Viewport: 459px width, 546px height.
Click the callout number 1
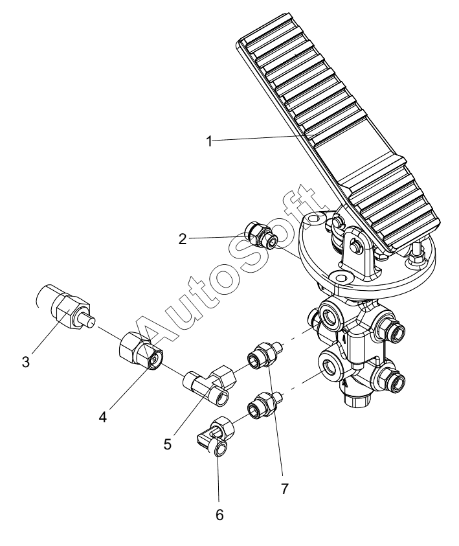click(x=209, y=142)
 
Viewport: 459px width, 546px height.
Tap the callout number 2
click(x=183, y=239)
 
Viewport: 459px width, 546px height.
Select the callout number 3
click(x=25, y=362)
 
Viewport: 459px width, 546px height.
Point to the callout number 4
click(x=102, y=416)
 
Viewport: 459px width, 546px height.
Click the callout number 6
click(x=219, y=515)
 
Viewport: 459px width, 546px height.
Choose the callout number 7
click(x=285, y=489)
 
